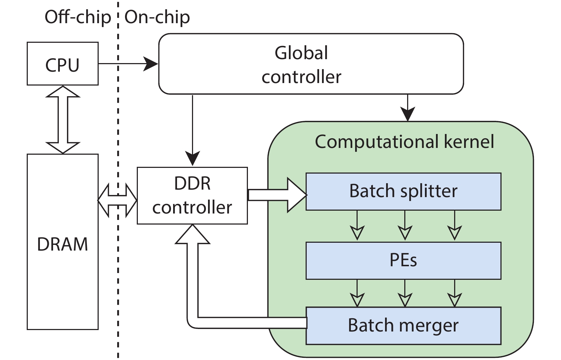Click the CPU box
pyautogui.click(x=62, y=64)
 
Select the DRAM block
pyautogui.click(x=62, y=242)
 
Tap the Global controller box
pyautogui.click(x=311, y=64)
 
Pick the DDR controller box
pyautogui.click(x=192, y=195)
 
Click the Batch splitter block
pyautogui.click(x=403, y=191)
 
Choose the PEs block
pyautogui.click(x=403, y=261)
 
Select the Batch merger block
pyautogui.click(x=403, y=325)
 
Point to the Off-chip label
pyautogui.click(x=78, y=17)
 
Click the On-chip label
pyautogui.click(x=157, y=17)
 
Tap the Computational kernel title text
pyautogui.click(x=404, y=142)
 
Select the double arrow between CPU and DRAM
pyautogui.click(x=63, y=119)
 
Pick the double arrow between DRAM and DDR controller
pyautogui.click(x=117, y=200)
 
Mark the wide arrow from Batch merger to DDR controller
pyautogui.click(x=192, y=285)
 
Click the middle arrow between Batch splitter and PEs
pyautogui.click(x=405, y=226)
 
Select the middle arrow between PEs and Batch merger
pyautogui.click(x=405, y=293)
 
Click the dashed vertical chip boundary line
pyautogui.click(x=118, y=271)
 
